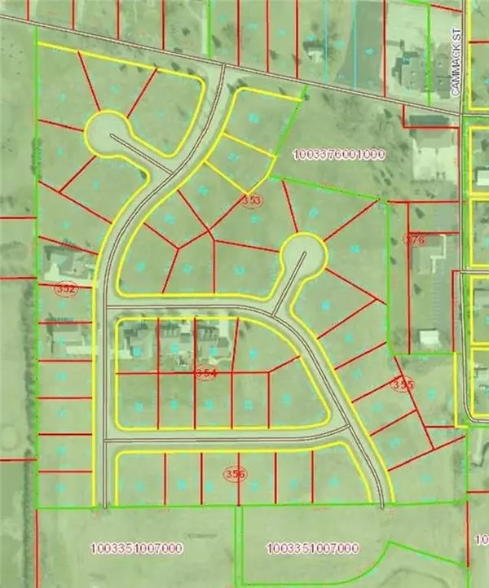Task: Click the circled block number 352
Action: tap(65, 288)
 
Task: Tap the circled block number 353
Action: tap(252, 199)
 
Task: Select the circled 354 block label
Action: tap(207, 372)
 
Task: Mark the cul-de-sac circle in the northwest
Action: tap(107, 132)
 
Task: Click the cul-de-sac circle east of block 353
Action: tap(302, 257)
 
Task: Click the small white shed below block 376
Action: tap(425, 337)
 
